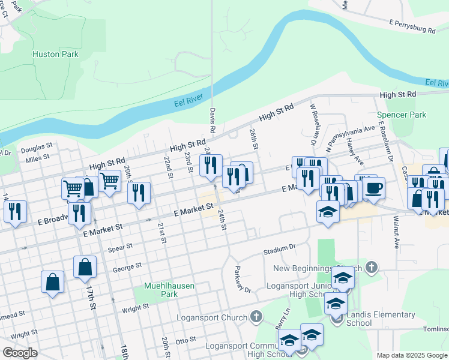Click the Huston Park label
coord(55,55)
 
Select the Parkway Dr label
coord(238,280)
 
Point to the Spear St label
coord(121,247)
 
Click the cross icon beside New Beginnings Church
coord(372,268)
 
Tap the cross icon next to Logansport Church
coord(256,317)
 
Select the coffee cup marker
coord(374,188)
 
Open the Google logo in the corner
coord(20,353)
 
